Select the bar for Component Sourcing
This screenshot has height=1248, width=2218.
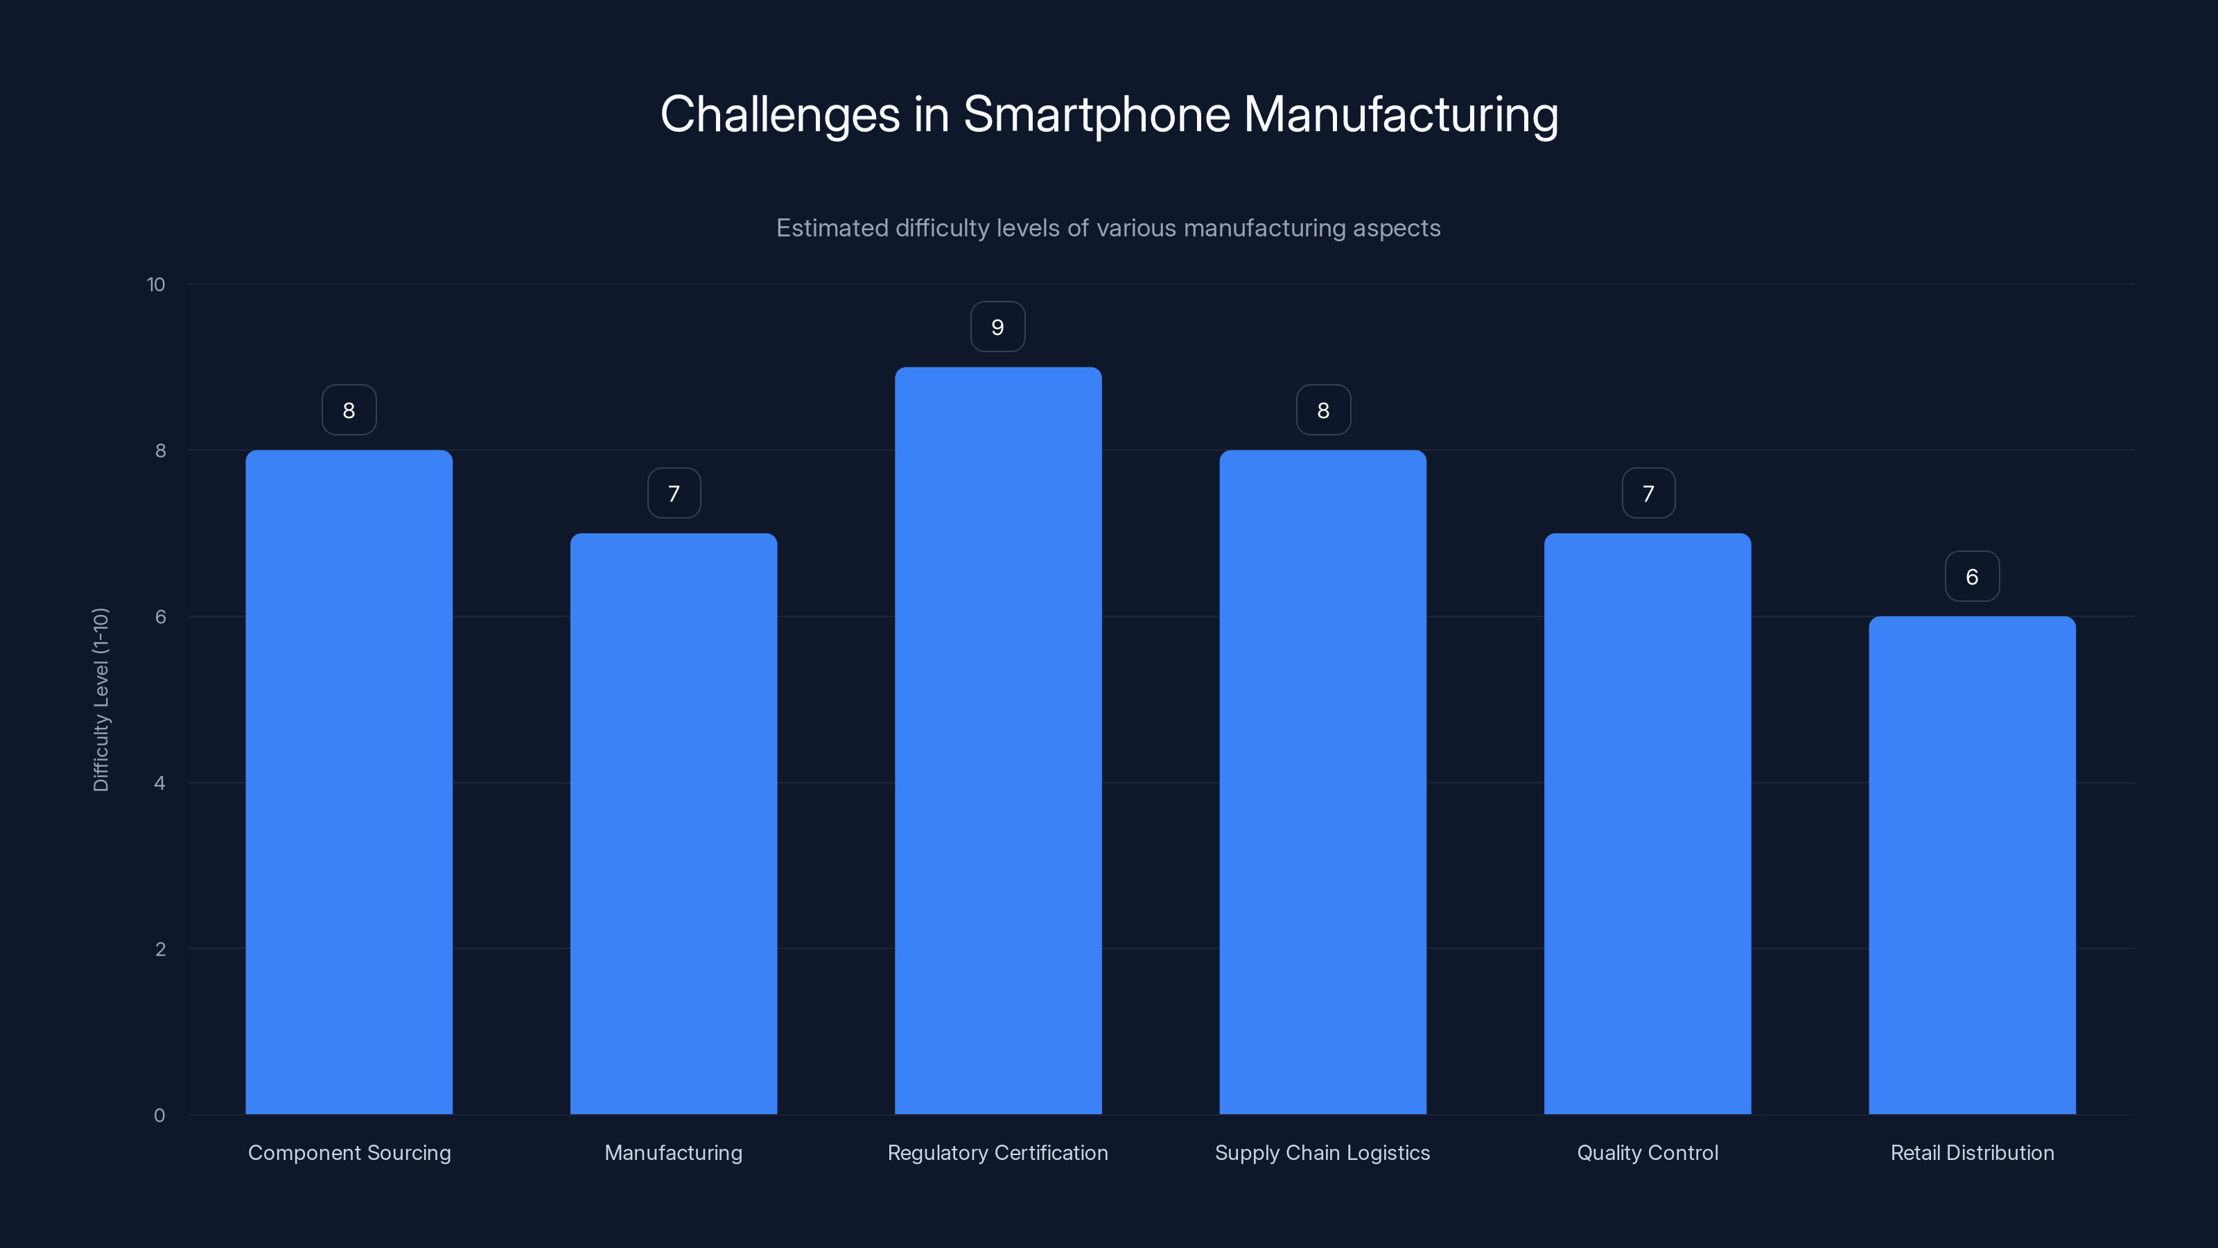pyautogui.click(x=349, y=782)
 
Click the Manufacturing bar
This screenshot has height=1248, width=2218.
pyautogui.click(x=673, y=824)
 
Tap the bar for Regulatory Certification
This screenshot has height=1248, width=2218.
pyautogui.click(x=998, y=740)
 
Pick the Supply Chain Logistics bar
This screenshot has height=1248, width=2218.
pyautogui.click(x=1322, y=782)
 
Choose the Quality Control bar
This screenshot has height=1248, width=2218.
pyautogui.click(x=1647, y=824)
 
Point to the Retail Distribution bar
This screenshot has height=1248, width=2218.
pyautogui.click(x=1972, y=865)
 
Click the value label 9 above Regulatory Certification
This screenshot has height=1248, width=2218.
pyautogui.click(x=998, y=327)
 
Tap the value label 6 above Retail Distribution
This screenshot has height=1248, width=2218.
pyautogui.click(x=1972, y=577)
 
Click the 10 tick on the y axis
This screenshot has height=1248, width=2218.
pyautogui.click(x=156, y=285)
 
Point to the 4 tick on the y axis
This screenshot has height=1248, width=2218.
pyautogui.click(x=159, y=783)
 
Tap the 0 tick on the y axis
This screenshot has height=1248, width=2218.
pyautogui.click(x=159, y=1116)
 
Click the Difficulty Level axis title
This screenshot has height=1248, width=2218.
pyautogui.click(x=101, y=700)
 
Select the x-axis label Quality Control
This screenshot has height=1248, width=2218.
pyautogui.click(x=1647, y=1152)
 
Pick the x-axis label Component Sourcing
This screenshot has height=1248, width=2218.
pyautogui.click(x=349, y=1152)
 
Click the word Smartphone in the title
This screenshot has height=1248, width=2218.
pyautogui.click(x=1096, y=114)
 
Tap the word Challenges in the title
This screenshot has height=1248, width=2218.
pyautogui.click(x=779, y=114)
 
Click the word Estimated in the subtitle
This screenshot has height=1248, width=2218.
pyautogui.click(x=832, y=228)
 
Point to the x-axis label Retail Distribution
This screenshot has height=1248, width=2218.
pyautogui.click(x=1972, y=1152)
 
